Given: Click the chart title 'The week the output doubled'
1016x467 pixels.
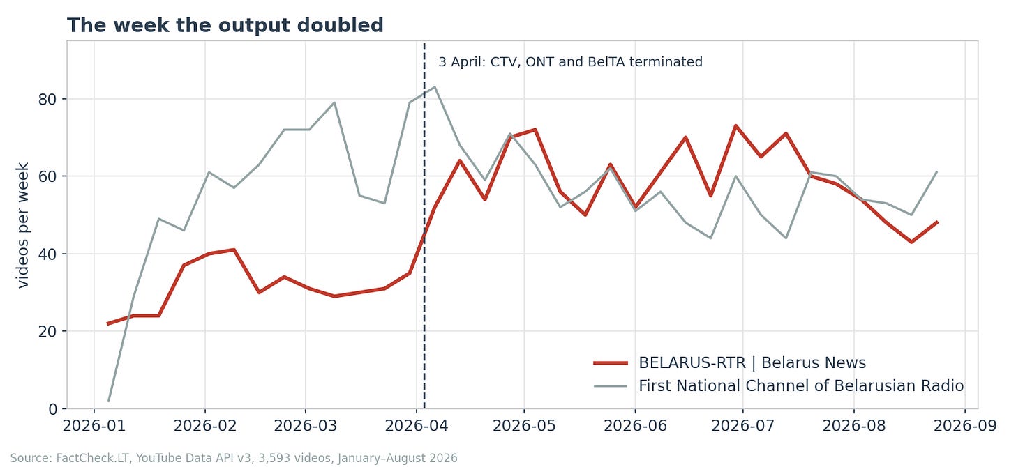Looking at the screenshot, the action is tap(225, 25).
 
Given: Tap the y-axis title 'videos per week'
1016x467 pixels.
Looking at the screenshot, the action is tap(22, 225).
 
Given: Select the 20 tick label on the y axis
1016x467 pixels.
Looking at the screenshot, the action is tap(47, 332).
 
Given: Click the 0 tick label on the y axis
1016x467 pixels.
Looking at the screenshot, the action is tap(53, 409).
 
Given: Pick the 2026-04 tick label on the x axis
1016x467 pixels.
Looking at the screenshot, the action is tap(417, 427).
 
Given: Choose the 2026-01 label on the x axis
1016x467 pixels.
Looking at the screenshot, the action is tap(94, 427).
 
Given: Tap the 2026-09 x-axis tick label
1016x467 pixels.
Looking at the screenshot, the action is tap(965, 427).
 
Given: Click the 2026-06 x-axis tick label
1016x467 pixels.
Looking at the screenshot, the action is tap(635, 427).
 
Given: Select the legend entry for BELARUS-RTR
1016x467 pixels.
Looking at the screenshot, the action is tap(730, 363).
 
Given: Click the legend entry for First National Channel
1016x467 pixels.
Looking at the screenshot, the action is tap(779, 386).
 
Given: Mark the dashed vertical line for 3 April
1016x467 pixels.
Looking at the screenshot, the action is tap(424, 225).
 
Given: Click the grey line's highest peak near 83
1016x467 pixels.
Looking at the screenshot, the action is tap(435, 87).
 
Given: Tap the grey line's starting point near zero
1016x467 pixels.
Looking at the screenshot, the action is tap(108, 401).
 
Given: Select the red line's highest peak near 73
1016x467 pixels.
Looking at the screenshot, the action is tap(735, 126).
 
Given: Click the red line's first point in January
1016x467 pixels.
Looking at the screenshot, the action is tap(108, 323).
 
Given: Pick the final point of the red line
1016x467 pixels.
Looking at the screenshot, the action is tap(937, 222).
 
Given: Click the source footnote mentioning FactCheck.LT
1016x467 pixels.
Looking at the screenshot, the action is tap(234, 459).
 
